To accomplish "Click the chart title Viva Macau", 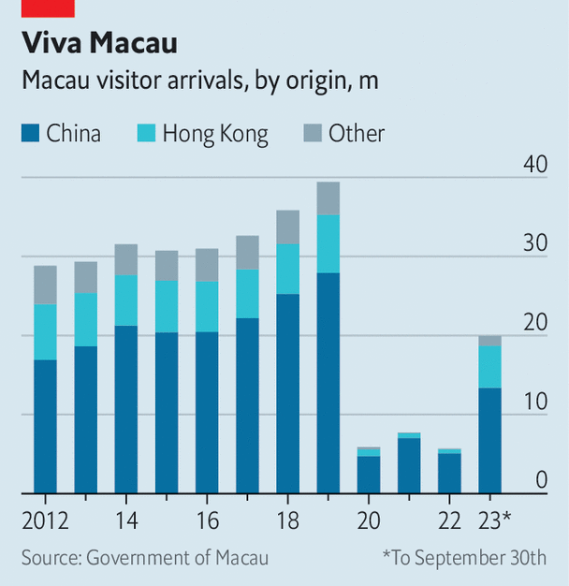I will point(99,43).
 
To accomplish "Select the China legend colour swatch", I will point(30,134).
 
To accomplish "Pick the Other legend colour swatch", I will point(312,134).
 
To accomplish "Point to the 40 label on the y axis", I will point(534,165).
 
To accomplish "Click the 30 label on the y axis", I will point(534,243).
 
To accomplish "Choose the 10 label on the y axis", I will point(534,402).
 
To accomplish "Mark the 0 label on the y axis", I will point(541,480).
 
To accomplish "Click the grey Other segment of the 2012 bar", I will point(45,285).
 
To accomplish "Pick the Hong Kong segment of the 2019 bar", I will point(328,243).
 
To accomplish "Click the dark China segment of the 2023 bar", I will point(489,440).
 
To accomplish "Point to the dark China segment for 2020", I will point(368,474).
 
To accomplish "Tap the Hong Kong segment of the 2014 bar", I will point(125,300).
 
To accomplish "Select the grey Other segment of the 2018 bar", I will point(287,227).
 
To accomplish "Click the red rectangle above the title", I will point(48,8).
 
